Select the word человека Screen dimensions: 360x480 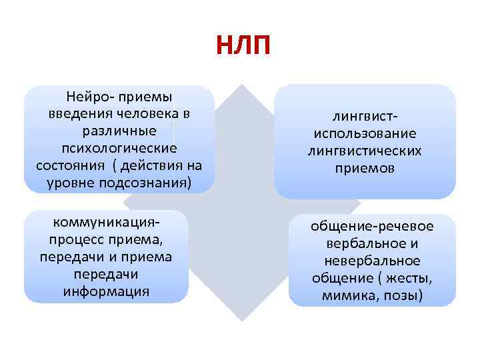[140, 113]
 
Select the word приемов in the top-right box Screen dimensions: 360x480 [365, 169]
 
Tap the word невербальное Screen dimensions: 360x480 [372, 261]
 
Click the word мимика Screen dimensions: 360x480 [347, 295]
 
